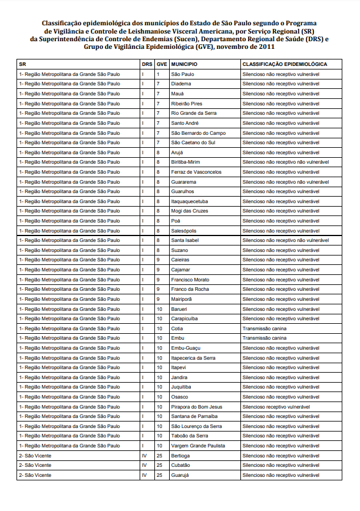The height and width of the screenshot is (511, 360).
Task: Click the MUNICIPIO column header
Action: coord(184,64)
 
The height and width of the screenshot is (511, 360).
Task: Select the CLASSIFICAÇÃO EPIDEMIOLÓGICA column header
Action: coord(285,64)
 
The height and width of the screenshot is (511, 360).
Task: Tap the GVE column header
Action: coord(161,64)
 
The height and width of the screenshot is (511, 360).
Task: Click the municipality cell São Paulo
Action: coord(181,74)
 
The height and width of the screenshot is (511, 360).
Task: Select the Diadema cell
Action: coord(181,84)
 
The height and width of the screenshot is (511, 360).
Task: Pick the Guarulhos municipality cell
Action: coord(183,191)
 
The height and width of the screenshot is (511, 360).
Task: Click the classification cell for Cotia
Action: coord(265,328)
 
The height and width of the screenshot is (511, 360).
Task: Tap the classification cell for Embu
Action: coord(265,338)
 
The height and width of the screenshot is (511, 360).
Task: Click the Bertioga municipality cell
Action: coord(181,456)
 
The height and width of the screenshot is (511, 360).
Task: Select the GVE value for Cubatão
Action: coord(159,465)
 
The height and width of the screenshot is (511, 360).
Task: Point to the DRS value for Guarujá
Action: coord(144,475)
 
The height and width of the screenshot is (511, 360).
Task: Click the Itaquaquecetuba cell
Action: coord(189,201)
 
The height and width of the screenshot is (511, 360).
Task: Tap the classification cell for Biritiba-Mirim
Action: coord(286,162)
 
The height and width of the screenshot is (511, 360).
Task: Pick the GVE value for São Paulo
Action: coord(158,74)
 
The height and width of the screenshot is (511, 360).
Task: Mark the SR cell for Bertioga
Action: coord(35,456)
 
